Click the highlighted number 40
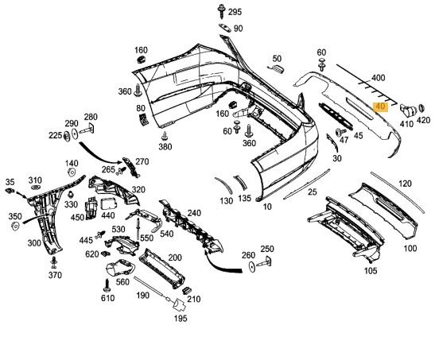click(x=380, y=106)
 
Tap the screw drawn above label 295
click(x=221, y=11)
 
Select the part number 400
click(x=378, y=78)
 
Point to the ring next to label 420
click(x=421, y=109)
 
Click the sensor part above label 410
click(x=408, y=110)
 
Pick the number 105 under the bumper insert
click(x=370, y=270)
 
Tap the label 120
click(x=405, y=184)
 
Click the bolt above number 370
click(x=54, y=262)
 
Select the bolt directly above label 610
click(x=107, y=285)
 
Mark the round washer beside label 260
click(x=252, y=266)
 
